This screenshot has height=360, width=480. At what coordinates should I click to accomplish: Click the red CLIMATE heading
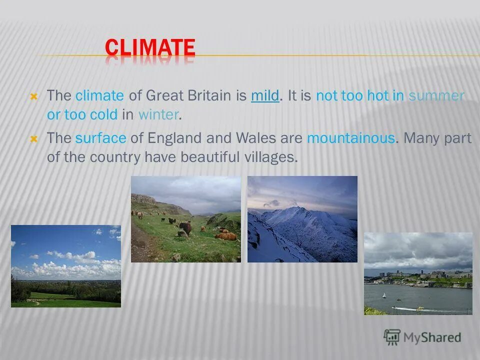point(149,48)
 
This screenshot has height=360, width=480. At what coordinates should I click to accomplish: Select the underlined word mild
point(265,95)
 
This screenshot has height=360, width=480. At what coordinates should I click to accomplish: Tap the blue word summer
point(436,95)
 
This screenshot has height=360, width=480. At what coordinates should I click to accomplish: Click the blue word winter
point(158,114)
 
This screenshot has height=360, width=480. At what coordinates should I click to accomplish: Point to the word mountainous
point(351,138)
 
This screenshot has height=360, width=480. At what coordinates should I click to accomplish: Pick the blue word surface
point(100,138)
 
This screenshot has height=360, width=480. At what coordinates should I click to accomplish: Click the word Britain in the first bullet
point(205,95)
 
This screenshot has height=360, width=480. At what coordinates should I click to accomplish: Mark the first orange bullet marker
point(34,96)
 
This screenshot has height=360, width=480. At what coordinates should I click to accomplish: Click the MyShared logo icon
point(392,337)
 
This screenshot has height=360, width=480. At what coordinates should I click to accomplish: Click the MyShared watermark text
point(432,337)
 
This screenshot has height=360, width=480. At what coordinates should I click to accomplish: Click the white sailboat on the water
point(384,295)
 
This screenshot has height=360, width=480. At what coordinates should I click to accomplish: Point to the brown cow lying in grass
point(226,236)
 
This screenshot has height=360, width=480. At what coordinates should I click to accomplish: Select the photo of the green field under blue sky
point(66,266)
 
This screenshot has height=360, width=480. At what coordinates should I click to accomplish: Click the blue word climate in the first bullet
point(99,95)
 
